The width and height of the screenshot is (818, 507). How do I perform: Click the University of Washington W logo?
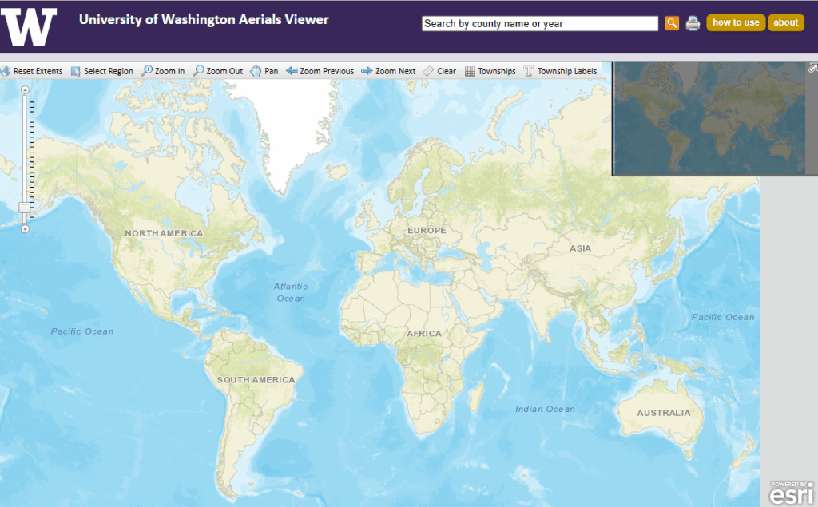(x=30, y=26)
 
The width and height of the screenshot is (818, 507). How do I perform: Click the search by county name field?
(x=539, y=24)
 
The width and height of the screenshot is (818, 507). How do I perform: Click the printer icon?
(x=693, y=23)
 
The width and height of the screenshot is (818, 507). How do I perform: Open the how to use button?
(x=735, y=22)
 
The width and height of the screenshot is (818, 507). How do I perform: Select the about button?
(x=785, y=22)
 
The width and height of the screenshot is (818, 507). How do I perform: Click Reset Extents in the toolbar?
(x=32, y=71)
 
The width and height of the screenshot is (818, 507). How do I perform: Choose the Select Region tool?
(x=102, y=71)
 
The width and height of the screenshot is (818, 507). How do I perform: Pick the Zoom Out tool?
(x=218, y=71)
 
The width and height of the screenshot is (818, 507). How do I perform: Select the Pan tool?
(x=264, y=71)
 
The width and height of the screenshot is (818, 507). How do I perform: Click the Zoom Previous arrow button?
(x=320, y=71)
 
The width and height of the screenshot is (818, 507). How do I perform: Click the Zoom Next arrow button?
(x=388, y=71)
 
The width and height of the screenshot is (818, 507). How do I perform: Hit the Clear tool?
(x=439, y=71)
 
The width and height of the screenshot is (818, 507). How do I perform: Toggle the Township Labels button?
(x=560, y=71)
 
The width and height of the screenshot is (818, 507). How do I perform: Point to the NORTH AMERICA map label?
(x=164, y=233)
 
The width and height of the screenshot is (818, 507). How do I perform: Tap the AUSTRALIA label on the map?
(x=663, y=413)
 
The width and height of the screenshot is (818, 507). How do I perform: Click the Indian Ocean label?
(x=545, y=409)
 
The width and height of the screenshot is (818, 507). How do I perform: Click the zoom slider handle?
(x=25, y=208)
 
